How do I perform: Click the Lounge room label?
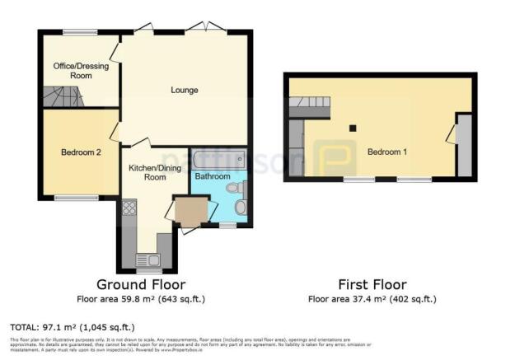coord(184,90)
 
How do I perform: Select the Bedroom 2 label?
coord(81,152)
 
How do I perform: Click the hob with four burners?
coord(129,208)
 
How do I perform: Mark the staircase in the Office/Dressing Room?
coord(63,96)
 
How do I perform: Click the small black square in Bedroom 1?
coord(353,128)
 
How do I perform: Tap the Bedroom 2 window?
coord(70,198)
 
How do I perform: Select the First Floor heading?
coord(371,285)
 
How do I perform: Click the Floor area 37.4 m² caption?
coord(371,298)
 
